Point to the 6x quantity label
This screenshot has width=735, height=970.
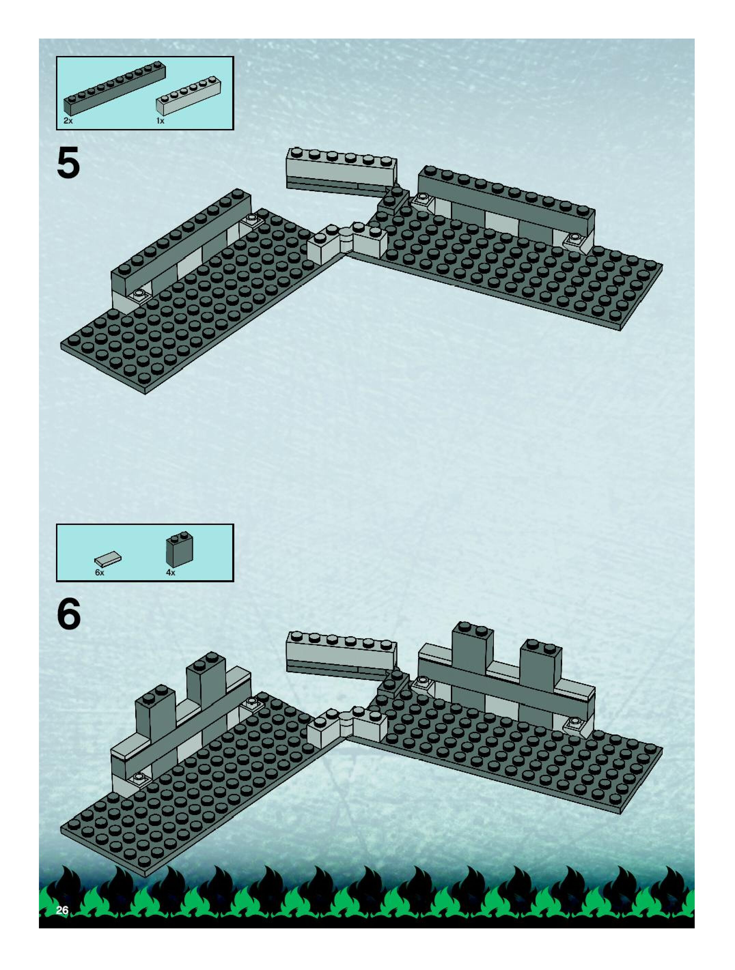click(x=100, y=573)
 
